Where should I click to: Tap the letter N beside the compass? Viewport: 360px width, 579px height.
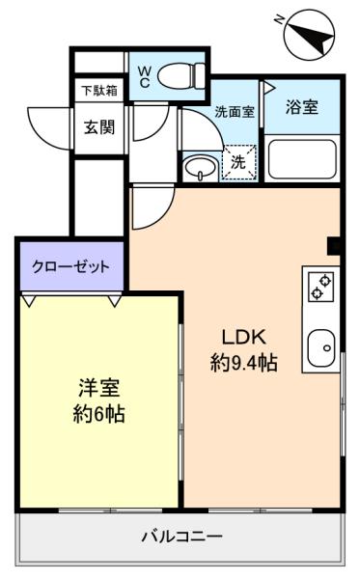[280, 17]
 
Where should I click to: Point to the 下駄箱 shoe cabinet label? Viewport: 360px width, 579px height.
[97, 92]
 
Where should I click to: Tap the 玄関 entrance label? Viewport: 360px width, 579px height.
[98, 126]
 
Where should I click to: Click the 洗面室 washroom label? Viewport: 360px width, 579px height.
[235, 111]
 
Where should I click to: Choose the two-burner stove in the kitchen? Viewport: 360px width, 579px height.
[320, 288]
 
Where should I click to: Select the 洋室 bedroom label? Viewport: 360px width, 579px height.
[98, 389]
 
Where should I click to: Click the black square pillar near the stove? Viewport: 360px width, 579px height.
[334, 245]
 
